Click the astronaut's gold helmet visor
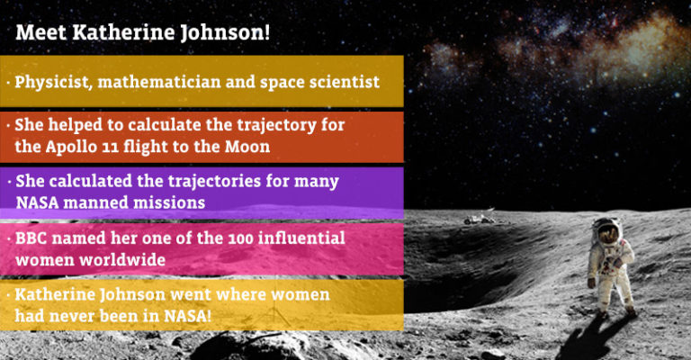click(609, 234)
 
